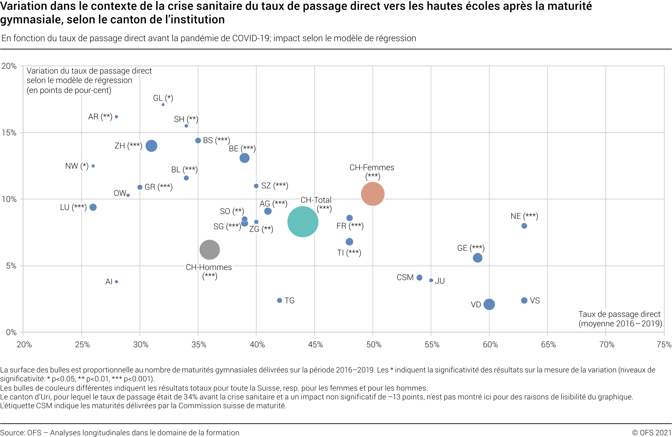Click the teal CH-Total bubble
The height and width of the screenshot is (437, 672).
[x=303, y=222]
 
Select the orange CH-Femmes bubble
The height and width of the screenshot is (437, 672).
[x=373, y=194]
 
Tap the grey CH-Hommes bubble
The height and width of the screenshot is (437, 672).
[x=209, y=250]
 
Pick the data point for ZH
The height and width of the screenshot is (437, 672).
[x=151, y=146]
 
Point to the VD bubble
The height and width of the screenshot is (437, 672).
[x=489, y=304]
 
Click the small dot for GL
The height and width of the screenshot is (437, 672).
[x=163, y=105]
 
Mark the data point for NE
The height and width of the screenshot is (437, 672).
[x=524, y=226]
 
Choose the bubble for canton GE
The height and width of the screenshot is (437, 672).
[x=477, y=258]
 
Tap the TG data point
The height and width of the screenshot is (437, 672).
[x=279, y=301]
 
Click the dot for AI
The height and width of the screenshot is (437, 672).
[x=116, y=282]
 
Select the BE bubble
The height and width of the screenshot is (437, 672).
[x=244, y=158]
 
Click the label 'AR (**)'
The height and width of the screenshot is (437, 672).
[x=100, y=117]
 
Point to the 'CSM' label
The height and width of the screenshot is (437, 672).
[x=405, y=277]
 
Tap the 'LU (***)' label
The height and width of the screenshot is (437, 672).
[x=73, y=207]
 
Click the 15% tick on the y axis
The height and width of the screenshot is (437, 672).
[x=9, y=133]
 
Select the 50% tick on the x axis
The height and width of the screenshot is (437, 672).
[x=373, y=345]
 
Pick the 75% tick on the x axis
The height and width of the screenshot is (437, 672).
[x=664, y=345]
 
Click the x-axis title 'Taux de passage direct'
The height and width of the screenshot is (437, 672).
[x=619, y=314]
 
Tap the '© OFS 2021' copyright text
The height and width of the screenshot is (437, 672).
[x=652, y=433]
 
